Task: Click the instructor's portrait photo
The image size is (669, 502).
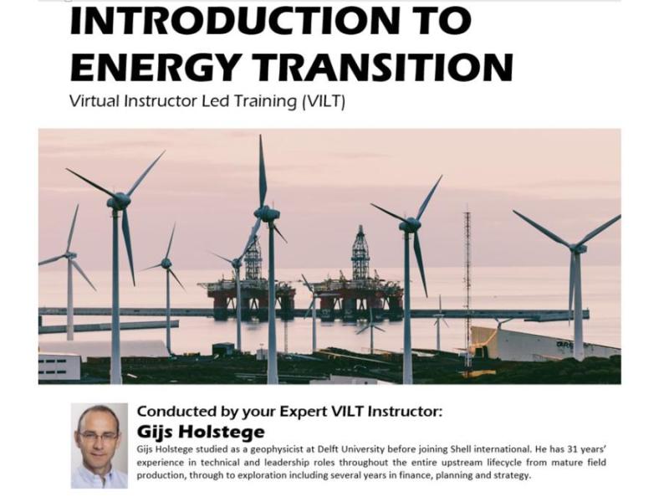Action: coord(99,445)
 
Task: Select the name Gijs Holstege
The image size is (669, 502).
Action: coord(200,432)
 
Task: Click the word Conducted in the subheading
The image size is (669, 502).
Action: coord(176,412)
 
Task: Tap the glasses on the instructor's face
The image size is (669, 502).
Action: coord(98,437)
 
